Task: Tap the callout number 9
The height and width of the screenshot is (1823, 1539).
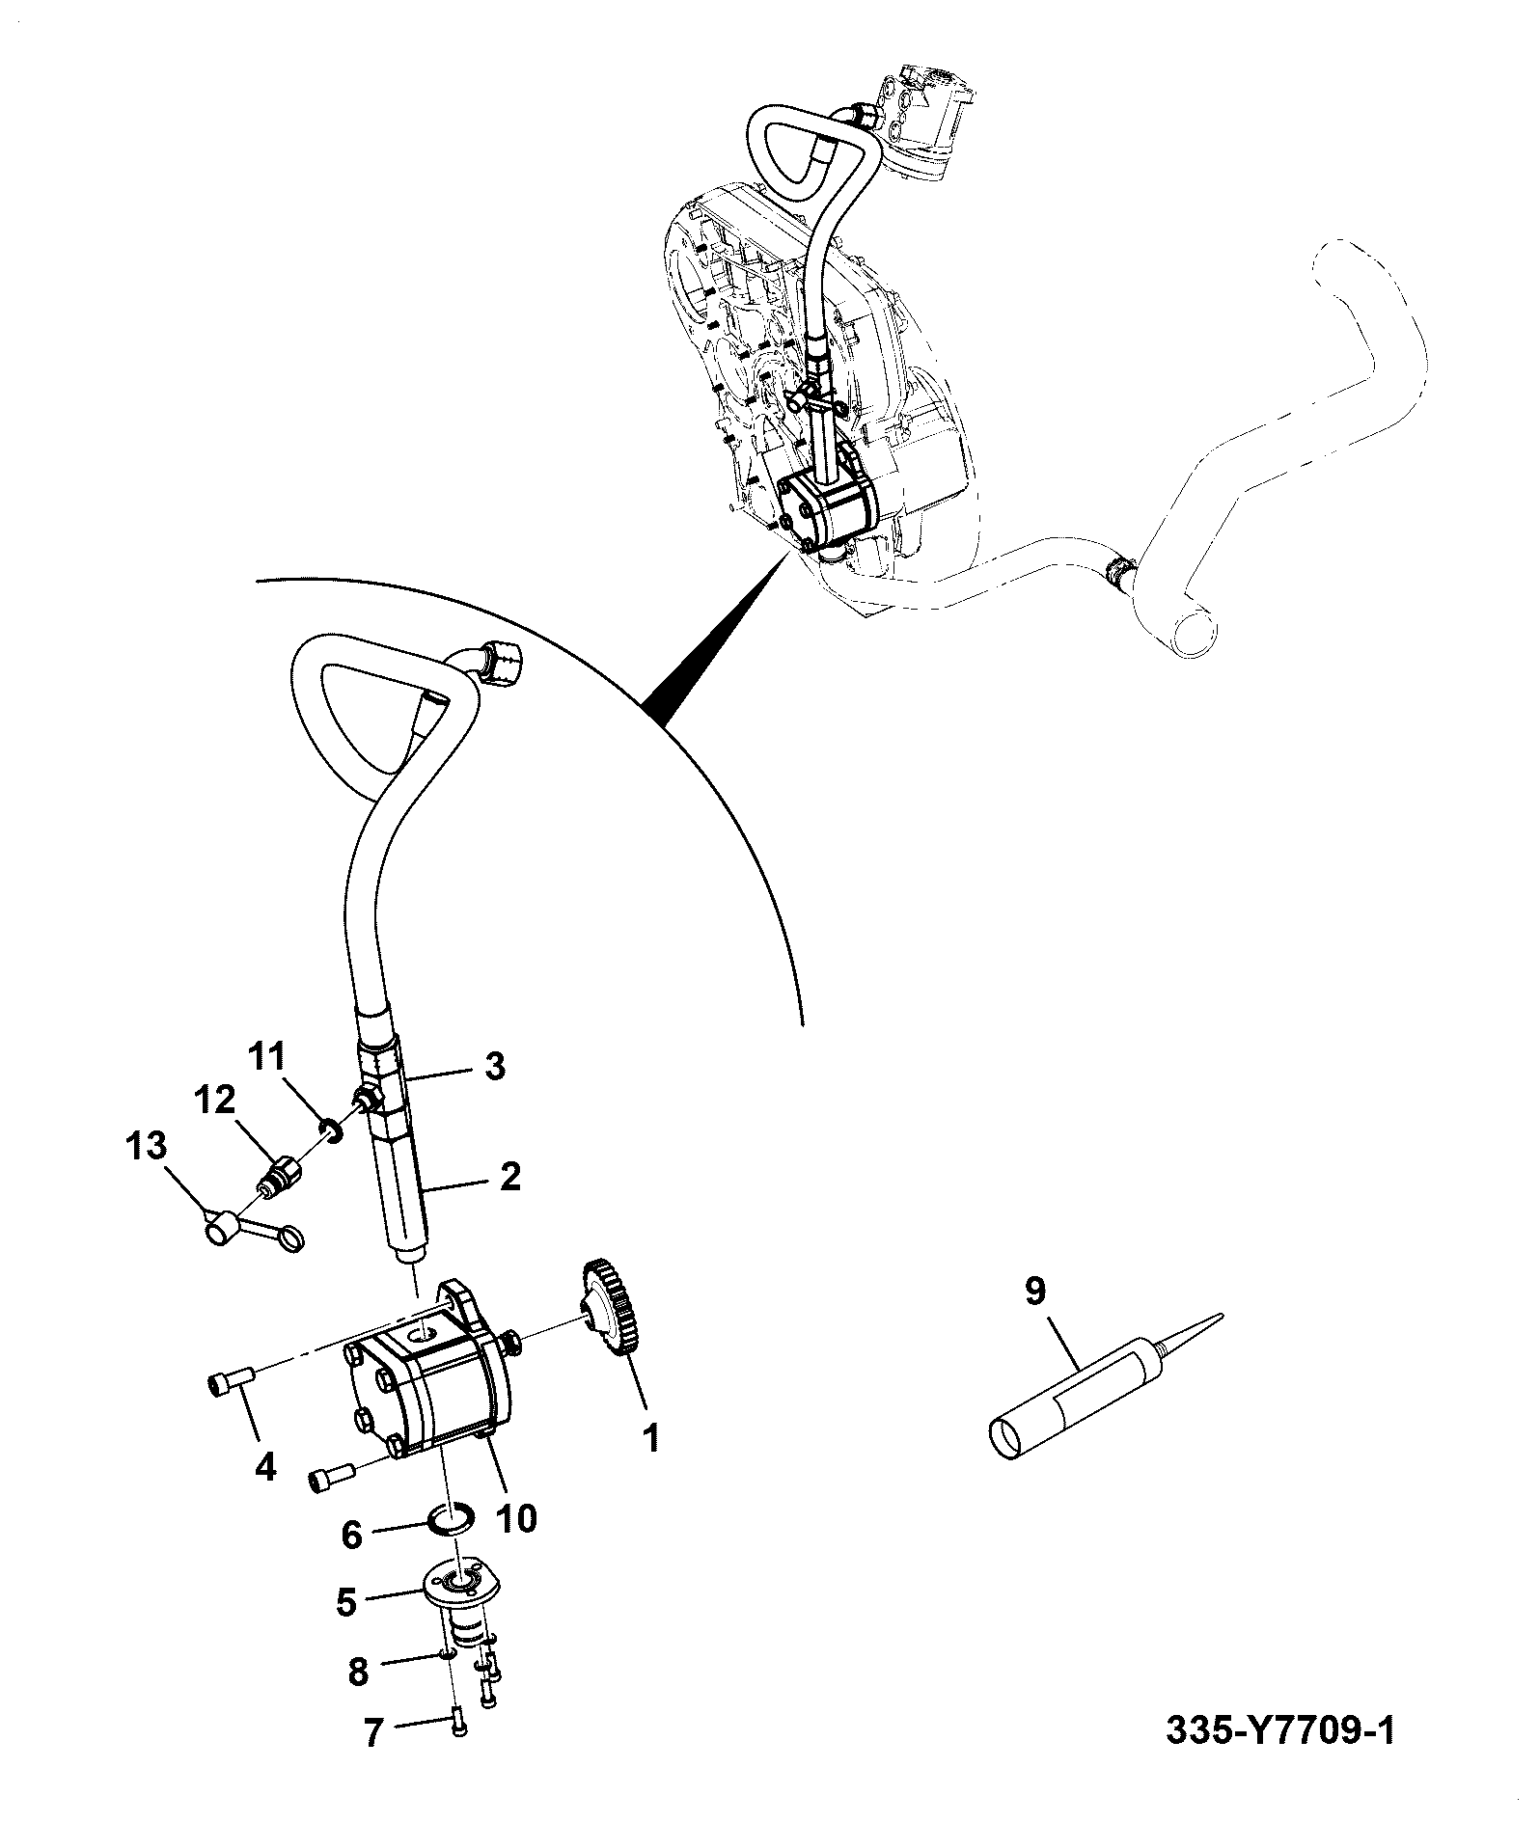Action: pyautogui.click(x=1034, y=1292)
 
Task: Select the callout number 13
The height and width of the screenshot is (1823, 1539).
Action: pyautogui.click(x=146, y=1147)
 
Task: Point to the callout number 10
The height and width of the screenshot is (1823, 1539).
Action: pyautogui.click(x=516, y=1518)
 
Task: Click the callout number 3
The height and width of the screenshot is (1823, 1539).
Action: pyautogui.click(x=494, y=1068)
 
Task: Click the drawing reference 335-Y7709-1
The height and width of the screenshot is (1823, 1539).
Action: pyautogui.click(x=1280, y=1757)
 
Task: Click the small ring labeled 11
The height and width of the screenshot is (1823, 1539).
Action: pyautogui.click(x=332, y=1129)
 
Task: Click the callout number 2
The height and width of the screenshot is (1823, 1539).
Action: pyautogui.click(x=509, y=1176)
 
